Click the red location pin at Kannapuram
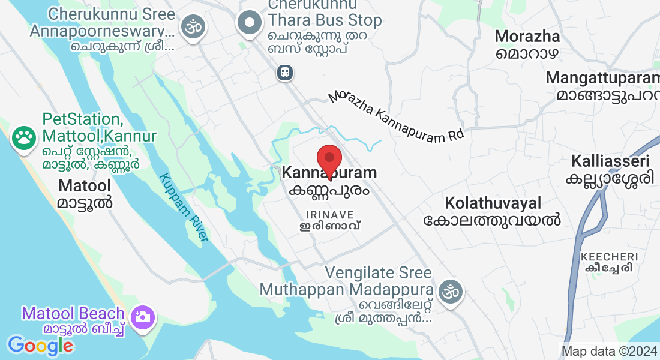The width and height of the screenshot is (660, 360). [329, 158]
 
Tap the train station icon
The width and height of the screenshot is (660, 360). [285, 73]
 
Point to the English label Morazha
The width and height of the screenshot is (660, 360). [527, 37]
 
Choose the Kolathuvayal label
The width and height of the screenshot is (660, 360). [493, 203]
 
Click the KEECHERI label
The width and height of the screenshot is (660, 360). [608, 257]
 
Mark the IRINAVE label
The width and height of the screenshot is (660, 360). [329, 214]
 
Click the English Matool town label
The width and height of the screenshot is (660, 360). [85, 185]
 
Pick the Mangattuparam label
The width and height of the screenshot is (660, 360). [602, 78]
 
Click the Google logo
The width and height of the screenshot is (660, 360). [40, 345]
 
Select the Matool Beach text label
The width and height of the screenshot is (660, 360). [73, 313]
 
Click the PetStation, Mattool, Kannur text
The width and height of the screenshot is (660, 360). [99, 127]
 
